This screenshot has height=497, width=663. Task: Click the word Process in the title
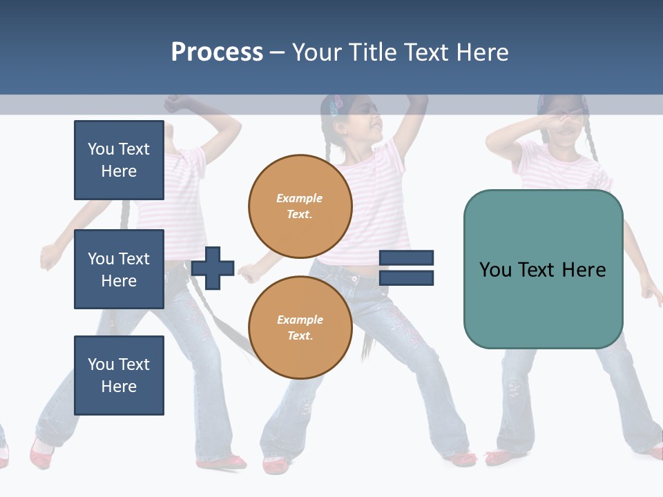pos(217,52)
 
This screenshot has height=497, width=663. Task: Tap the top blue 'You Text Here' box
pos(119,160)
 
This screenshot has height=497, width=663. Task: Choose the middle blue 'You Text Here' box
pos(119,269)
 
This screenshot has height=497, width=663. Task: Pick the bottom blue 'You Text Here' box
pos(119,375)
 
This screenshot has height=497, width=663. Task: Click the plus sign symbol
pos(213,267)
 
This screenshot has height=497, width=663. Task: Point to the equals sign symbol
pos(406,268)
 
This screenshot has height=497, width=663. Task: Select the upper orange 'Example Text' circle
pos(300,206)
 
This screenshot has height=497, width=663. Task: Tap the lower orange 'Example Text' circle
pos(300,328)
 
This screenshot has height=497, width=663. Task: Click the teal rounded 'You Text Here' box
pos(543,269)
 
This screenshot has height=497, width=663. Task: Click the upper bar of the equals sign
pos(406,258)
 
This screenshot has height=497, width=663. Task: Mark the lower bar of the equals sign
pos(406,277)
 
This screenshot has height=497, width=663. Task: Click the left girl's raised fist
pos(176,104)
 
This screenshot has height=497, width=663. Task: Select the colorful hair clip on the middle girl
pos(336,106)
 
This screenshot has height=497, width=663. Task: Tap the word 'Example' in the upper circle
pos(300,198)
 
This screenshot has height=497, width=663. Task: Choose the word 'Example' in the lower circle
pos(300,320)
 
